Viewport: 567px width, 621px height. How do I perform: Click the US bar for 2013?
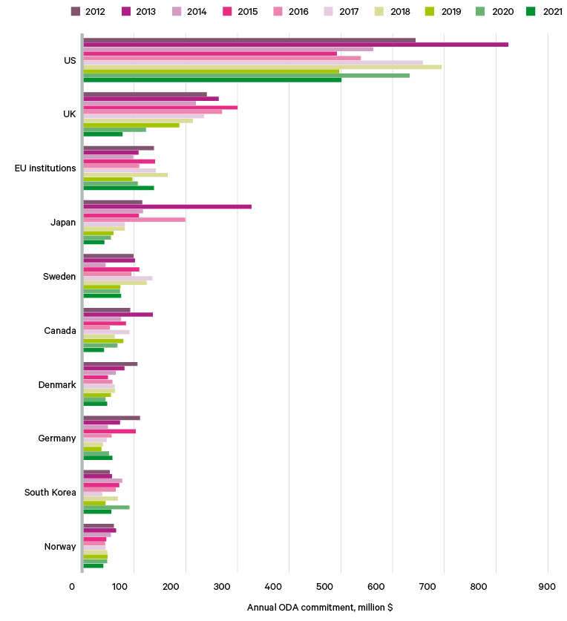click(x=295, y=45)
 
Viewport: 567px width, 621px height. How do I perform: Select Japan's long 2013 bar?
click(x=167, y=206)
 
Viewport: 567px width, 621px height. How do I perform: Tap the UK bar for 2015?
click(x=160, y=108)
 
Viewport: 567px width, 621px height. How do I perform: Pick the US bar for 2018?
click(x=263, y=67)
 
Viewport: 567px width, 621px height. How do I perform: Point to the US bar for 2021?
click(x=212, y=80)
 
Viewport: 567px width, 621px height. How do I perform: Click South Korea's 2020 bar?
click(x=106, y=507)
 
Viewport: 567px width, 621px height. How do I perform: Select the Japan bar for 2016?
click(x=134, y=220)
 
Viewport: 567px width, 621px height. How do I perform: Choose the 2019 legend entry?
click(x=443, y=11)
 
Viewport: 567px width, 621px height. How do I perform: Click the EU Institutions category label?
click(x=45, y=168)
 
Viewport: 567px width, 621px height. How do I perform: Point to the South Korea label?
click(x=50, y=492)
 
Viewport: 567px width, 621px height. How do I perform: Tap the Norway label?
click(x=60, y=546)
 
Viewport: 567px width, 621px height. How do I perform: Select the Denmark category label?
click(x=57, y=384)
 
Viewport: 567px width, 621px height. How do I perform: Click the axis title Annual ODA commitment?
click(x=319, y=608)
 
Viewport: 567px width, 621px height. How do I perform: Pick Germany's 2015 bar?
click(x=109, y=431)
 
